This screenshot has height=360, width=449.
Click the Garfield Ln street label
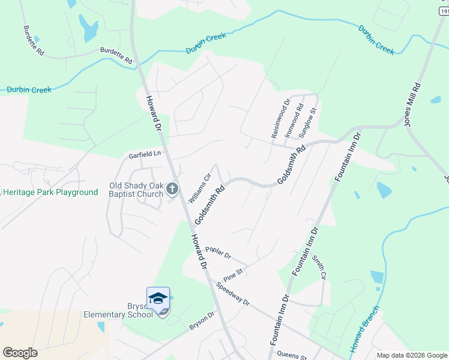pyautogui.click(x=145, y=154)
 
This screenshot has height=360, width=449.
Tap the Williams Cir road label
pyautogui.click(x=200, y=188)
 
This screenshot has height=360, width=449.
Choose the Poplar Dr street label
pyautogui.click(x=218, y=253)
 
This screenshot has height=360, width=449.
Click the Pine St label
pyautogui.click(x=232, y=275)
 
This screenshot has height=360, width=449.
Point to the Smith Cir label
pyautogui.click(x=318, y=267)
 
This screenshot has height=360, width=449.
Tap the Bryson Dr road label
pyautogui.click(x=202, y=320)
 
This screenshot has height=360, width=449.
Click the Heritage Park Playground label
pyautogui.click(x=50, y=193)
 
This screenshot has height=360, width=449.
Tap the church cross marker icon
pyautogui.click(x=172, y=190)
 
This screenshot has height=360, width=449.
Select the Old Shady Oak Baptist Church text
pyautogui.click(x=136, y=190)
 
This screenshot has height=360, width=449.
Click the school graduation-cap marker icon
pyautogui.click(x=158, y=298)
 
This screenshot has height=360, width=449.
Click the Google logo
pyautogui.click(x=20, y=353)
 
